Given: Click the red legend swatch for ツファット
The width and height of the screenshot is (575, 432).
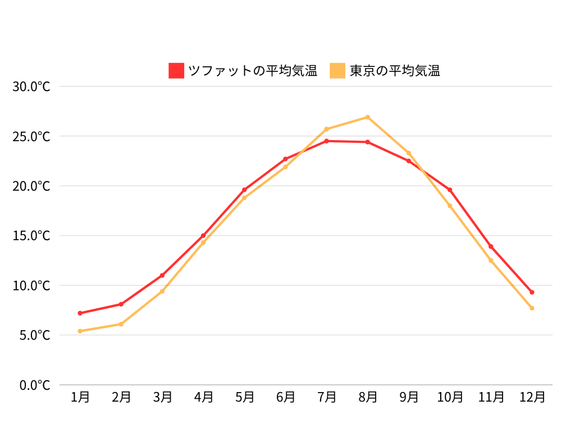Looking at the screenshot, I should [x=176, y=70].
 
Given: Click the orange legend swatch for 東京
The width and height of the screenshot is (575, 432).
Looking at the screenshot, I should [x=337, y=70].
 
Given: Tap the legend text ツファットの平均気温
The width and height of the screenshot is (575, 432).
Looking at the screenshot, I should [x=252, y=70].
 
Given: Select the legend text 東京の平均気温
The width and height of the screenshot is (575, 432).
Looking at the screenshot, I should [x=395, y=70].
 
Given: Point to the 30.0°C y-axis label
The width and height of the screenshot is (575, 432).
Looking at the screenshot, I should [x=31, y=87].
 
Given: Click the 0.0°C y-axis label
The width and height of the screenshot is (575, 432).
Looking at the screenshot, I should [x=35, y=385].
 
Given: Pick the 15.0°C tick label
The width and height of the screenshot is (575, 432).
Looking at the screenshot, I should [x=31, y=236].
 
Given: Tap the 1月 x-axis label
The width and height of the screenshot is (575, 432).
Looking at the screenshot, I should [x=80, y=397].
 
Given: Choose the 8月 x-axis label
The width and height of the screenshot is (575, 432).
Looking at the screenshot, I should [x=368, y=397].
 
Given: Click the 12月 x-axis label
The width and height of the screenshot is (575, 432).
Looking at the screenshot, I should [x=532, y=397].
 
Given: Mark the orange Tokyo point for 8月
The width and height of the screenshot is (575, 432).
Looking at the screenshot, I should [x=368, y=117].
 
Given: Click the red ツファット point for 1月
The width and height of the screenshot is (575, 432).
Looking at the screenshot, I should [x=80, y=313].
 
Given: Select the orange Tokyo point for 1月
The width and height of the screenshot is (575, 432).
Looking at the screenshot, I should [x=80, y=331].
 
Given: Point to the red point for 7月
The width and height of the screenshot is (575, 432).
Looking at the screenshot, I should [x=327, y=141].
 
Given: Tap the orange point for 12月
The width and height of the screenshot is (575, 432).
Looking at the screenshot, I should [x=532, y=308].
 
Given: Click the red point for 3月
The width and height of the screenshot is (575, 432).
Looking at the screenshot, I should [x=162, y=275].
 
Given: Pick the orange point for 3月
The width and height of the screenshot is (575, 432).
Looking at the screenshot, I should [x=162, y=291].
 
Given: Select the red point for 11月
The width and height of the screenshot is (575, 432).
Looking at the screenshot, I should [x=491, y=246].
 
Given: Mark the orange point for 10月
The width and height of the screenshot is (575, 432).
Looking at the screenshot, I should [x=450, y=206].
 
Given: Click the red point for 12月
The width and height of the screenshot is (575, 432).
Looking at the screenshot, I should [x=532, y=292].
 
